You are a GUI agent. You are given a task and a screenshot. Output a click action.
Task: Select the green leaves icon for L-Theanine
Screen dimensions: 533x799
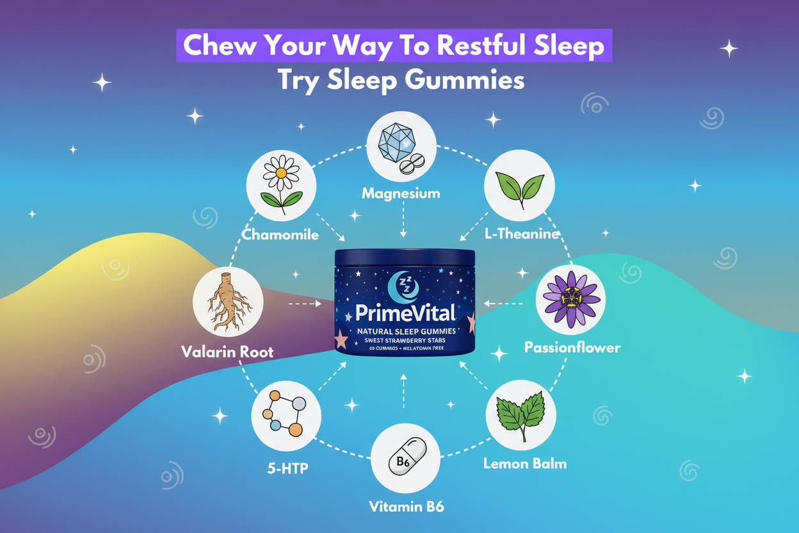point(519,185)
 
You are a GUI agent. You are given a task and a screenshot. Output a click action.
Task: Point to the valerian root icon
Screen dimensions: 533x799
point(227,302)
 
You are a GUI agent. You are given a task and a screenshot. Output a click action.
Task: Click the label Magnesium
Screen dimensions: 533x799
point(401,193)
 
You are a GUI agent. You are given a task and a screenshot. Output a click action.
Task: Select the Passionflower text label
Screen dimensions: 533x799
point(572,348)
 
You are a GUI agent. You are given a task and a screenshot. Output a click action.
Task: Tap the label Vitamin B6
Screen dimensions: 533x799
point(407,507)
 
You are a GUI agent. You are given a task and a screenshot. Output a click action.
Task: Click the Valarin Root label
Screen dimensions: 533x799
point(227,351)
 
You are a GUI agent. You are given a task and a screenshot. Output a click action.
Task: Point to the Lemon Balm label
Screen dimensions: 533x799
point(525,463)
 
